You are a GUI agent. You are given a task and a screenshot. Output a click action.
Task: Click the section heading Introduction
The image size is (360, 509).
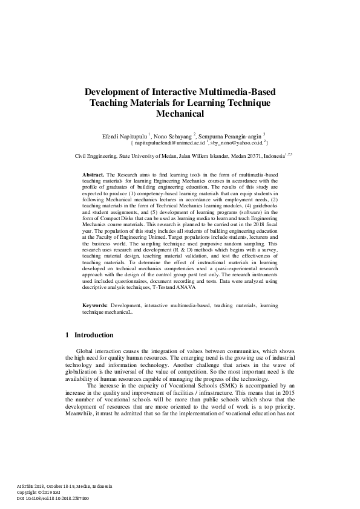(94, 336)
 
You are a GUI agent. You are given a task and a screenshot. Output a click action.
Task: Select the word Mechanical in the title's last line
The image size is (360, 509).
(180, 113)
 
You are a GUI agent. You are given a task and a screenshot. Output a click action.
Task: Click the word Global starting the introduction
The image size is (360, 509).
(85, 351)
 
